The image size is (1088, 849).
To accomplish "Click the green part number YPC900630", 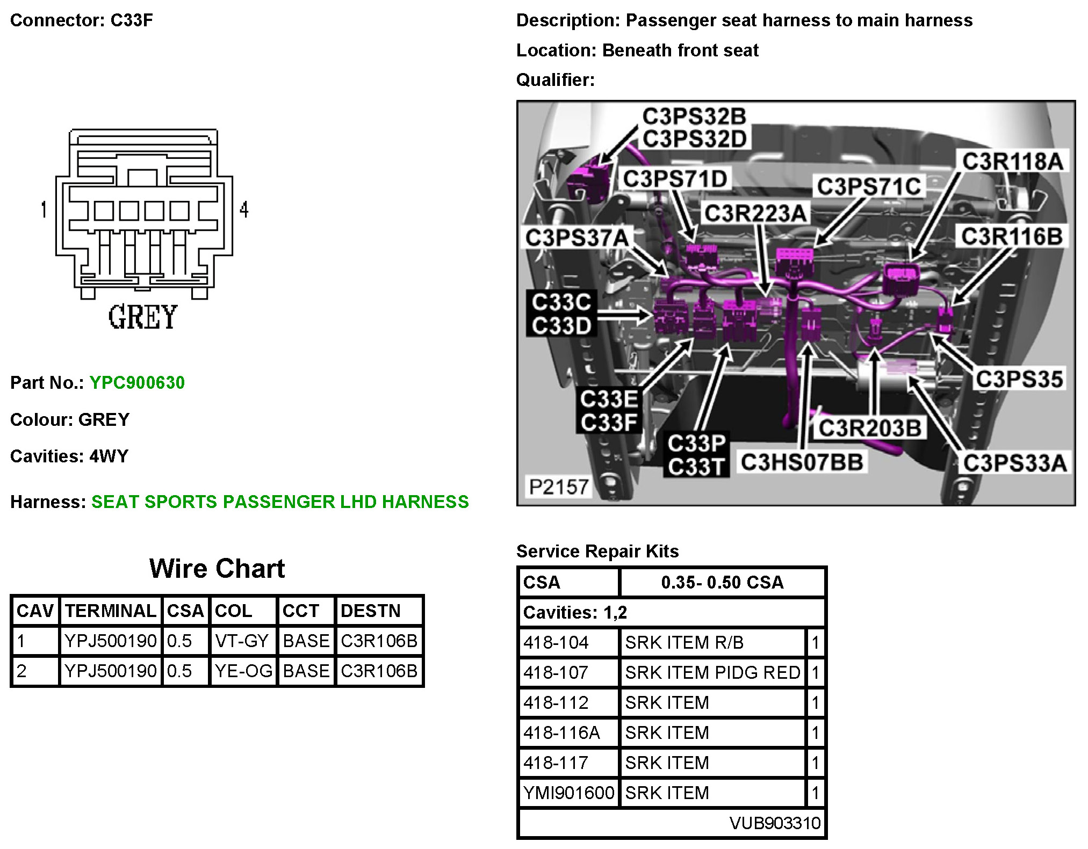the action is point(137,382).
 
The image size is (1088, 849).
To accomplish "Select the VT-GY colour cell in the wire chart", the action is point(241,641).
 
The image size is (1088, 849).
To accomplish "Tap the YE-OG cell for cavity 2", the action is point(243,671).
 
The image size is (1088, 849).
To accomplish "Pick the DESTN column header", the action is point(371,611).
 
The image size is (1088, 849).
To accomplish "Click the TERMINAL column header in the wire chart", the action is point(111,611).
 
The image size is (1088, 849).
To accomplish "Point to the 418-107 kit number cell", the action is point(556,672).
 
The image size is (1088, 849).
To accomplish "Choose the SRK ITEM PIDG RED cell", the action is point(712,672).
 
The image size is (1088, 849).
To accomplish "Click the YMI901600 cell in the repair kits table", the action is point(568,793).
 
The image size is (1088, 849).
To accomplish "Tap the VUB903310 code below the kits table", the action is point(775,823).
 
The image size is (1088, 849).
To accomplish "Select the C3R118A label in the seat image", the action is point(1012,161).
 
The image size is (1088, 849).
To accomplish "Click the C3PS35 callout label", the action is point(1019,379).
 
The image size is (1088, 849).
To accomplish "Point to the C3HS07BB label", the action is point(802,462).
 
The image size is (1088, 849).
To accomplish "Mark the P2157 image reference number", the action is point(559,487).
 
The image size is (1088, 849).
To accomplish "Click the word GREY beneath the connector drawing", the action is point(143,317).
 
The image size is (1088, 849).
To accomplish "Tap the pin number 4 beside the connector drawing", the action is point(244,209).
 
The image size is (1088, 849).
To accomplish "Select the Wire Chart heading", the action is point(217,568).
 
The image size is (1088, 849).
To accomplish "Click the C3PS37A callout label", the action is point(577,238).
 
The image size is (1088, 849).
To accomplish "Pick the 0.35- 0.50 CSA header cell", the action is point(722,582).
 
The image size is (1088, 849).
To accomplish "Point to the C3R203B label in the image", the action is point(870,429).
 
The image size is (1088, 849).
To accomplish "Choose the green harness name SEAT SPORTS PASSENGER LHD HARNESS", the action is point(280,502).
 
